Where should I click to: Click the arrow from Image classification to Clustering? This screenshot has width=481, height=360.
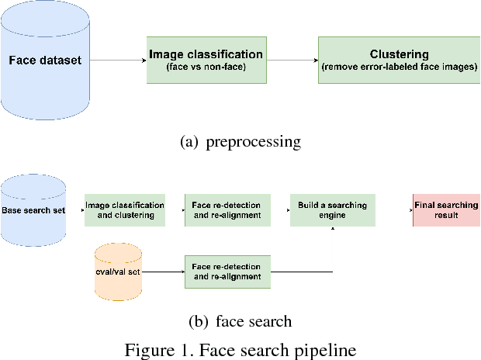point(291,60)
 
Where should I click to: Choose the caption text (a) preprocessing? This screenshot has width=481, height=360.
point(240,142)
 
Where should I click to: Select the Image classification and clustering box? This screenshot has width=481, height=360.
point(125,209)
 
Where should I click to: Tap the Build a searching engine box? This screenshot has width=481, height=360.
point(332,209)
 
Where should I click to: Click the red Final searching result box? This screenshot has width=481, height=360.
point(446,209)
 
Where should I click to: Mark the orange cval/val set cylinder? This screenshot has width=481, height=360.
point(118,272)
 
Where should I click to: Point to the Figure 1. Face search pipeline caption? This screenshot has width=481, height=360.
point(240,348)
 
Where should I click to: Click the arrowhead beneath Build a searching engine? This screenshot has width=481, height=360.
point(333,229)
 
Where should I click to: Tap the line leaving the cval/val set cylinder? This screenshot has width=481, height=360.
point(163,272)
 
